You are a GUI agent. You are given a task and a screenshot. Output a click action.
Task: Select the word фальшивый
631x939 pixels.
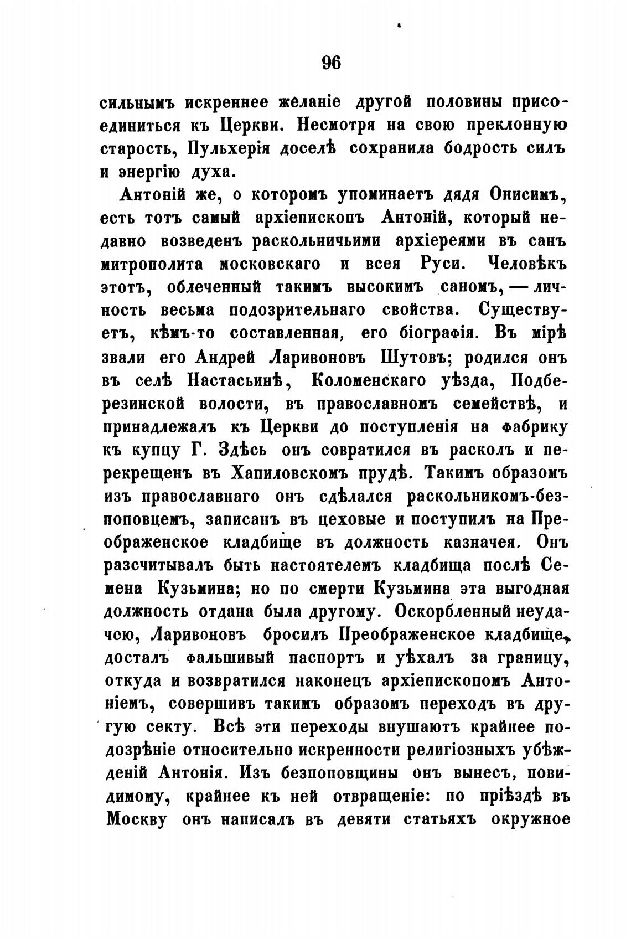click(230, 658)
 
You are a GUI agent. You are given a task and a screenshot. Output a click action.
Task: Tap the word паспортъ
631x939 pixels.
click(336, 658)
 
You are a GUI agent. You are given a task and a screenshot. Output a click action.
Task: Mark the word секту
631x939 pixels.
click(173, 726)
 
